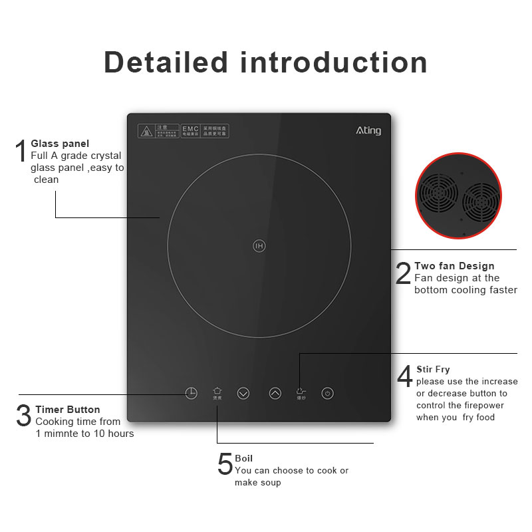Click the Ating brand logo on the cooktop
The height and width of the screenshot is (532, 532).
[368, 130]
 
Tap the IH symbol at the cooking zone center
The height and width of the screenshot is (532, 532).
[259, 246]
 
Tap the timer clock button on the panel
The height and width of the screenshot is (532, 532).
[191, 393]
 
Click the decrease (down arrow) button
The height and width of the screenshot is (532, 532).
[243, 393]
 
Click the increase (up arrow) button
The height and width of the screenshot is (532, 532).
[275, 393]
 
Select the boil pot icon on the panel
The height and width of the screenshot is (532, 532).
[217, 392]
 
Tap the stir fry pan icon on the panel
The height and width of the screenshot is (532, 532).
[301, 392]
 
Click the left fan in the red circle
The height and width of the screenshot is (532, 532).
[437, 193]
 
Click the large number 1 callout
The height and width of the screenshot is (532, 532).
[21, 151]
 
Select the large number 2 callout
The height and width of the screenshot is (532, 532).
[403, 274]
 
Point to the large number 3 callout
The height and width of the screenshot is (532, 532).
[23, 416]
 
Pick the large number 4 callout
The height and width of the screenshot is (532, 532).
[404, 376]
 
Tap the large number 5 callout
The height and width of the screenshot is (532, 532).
[225, 464]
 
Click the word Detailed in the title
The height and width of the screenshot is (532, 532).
[166, 62]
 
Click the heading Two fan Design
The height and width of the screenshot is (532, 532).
[454, 266]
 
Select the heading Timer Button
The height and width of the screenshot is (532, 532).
[68, 410]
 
